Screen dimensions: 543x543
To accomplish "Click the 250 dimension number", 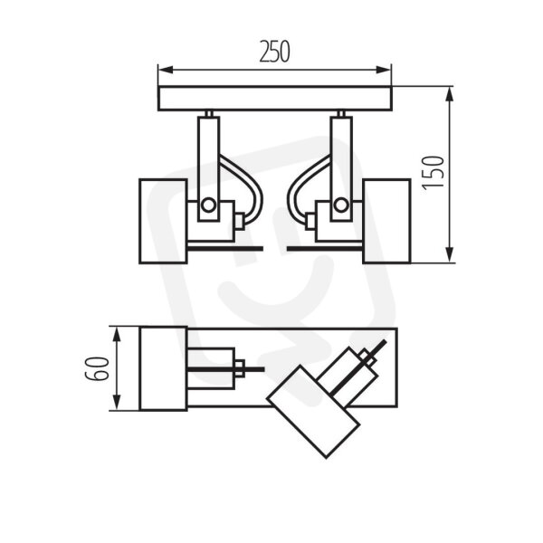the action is point(274,52).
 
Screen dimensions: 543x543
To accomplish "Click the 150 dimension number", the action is point(433,173).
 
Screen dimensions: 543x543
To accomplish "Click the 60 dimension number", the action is point(98,368).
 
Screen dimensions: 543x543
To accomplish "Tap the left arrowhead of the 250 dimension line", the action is point(166,70).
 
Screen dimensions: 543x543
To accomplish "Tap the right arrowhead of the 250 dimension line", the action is point(384,70).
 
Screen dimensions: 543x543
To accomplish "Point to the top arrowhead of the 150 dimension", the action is point(450,94).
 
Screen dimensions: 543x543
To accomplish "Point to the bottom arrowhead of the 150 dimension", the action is point(450,255).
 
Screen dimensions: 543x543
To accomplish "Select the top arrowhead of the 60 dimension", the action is point(118,335).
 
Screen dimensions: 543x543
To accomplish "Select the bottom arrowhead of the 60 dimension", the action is point(118,403).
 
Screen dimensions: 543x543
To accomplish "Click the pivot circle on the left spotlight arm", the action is point(208,205).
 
